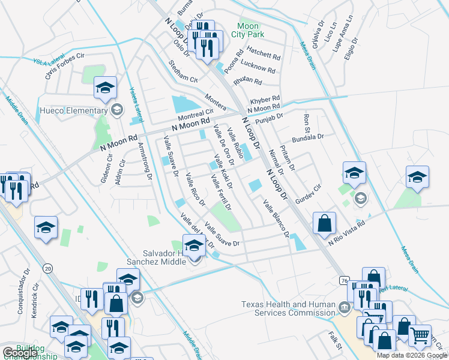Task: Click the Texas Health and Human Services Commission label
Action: pos(288,308)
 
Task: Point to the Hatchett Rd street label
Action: pos(264,55)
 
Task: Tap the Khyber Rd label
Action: pos(265,98)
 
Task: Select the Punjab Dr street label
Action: pos(268,121)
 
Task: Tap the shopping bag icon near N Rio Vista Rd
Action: pos(324,223)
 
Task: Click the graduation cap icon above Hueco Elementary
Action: pos(105,89)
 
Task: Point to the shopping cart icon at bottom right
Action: pos(420,335)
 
